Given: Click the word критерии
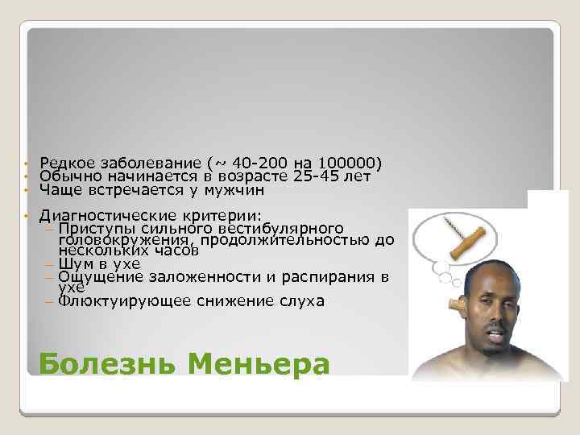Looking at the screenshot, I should point(226,216).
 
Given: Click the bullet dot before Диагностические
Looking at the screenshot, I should point(27,216).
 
